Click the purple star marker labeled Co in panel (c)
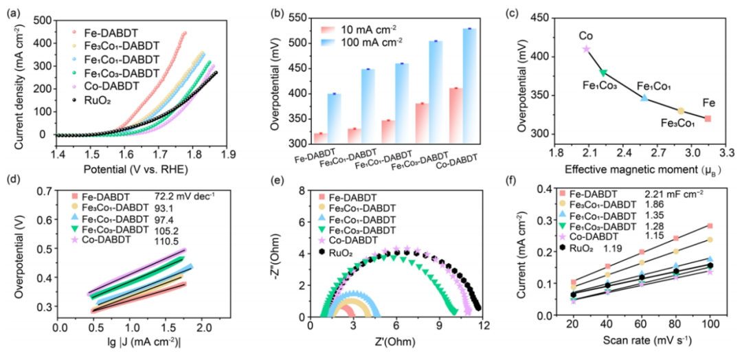tap(586, 49)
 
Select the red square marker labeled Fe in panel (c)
tap(708, 119)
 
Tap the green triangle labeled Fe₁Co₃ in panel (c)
tap(603, 72)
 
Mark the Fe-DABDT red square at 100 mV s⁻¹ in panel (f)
tap(710, 226)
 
